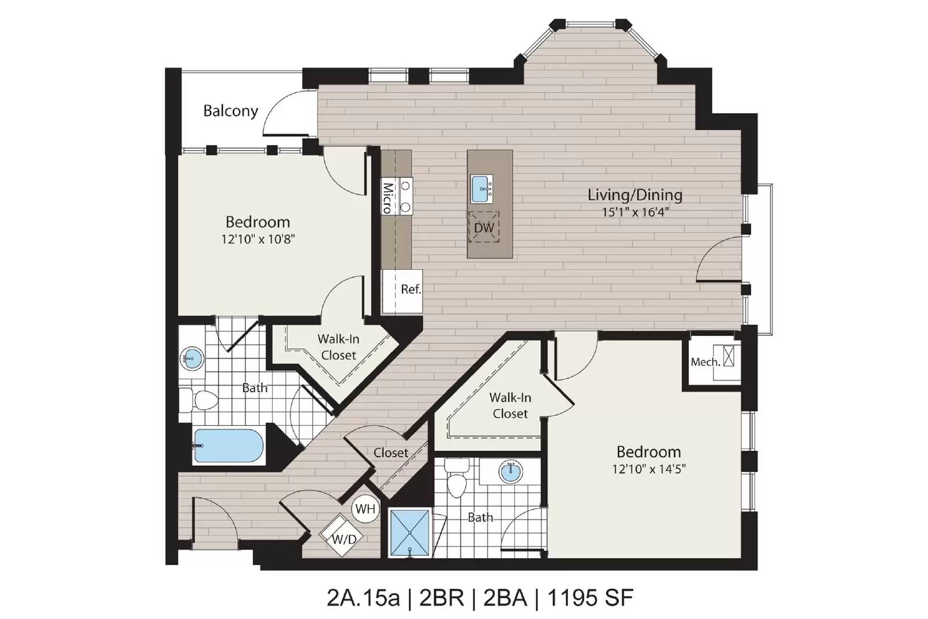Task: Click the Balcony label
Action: click(231, 111)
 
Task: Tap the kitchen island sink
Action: click(481, 189)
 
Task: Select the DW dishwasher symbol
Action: click(484, 227)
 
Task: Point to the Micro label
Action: click(387, 198)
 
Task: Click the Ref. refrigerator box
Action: click(403, 291)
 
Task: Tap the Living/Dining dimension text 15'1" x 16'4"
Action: click(635, 212)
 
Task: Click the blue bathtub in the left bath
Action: click(229, 446)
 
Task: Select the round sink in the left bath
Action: click(192, 358)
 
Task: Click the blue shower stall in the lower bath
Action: click(409, 533)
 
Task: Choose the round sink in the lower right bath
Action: click(510, 472)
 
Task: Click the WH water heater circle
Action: click(365, 508)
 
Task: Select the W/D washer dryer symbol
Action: click(342, 535)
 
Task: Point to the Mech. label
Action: click(705, 362)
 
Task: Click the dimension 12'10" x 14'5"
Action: click(649, 469)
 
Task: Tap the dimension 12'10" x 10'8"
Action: click(258, 239)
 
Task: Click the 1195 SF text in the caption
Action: click(590, 598)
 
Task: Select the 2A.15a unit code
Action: click(363, 598)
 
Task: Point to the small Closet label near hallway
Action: click(391, 453)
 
